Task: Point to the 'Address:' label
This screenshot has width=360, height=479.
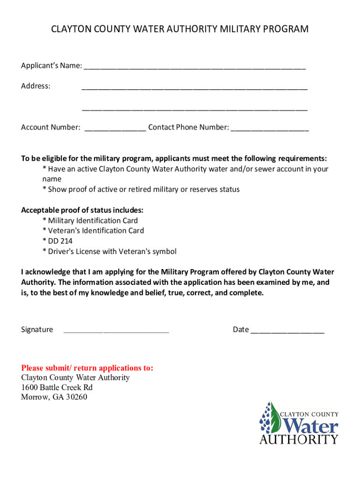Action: pos(36,86)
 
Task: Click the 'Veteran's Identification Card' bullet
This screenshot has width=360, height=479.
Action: pos(93,231)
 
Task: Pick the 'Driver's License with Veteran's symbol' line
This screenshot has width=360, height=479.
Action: pos(109,252)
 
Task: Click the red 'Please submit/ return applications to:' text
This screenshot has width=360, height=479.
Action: pos(87,368)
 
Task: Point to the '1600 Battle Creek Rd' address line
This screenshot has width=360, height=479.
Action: pos(57,388)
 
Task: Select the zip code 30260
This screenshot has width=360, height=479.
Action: pos(76,398)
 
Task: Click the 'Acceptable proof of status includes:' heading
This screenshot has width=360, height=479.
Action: pos(82,210)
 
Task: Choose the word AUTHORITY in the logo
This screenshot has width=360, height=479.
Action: pos(299,439)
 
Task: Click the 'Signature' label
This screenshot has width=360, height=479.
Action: pos(37,330)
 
